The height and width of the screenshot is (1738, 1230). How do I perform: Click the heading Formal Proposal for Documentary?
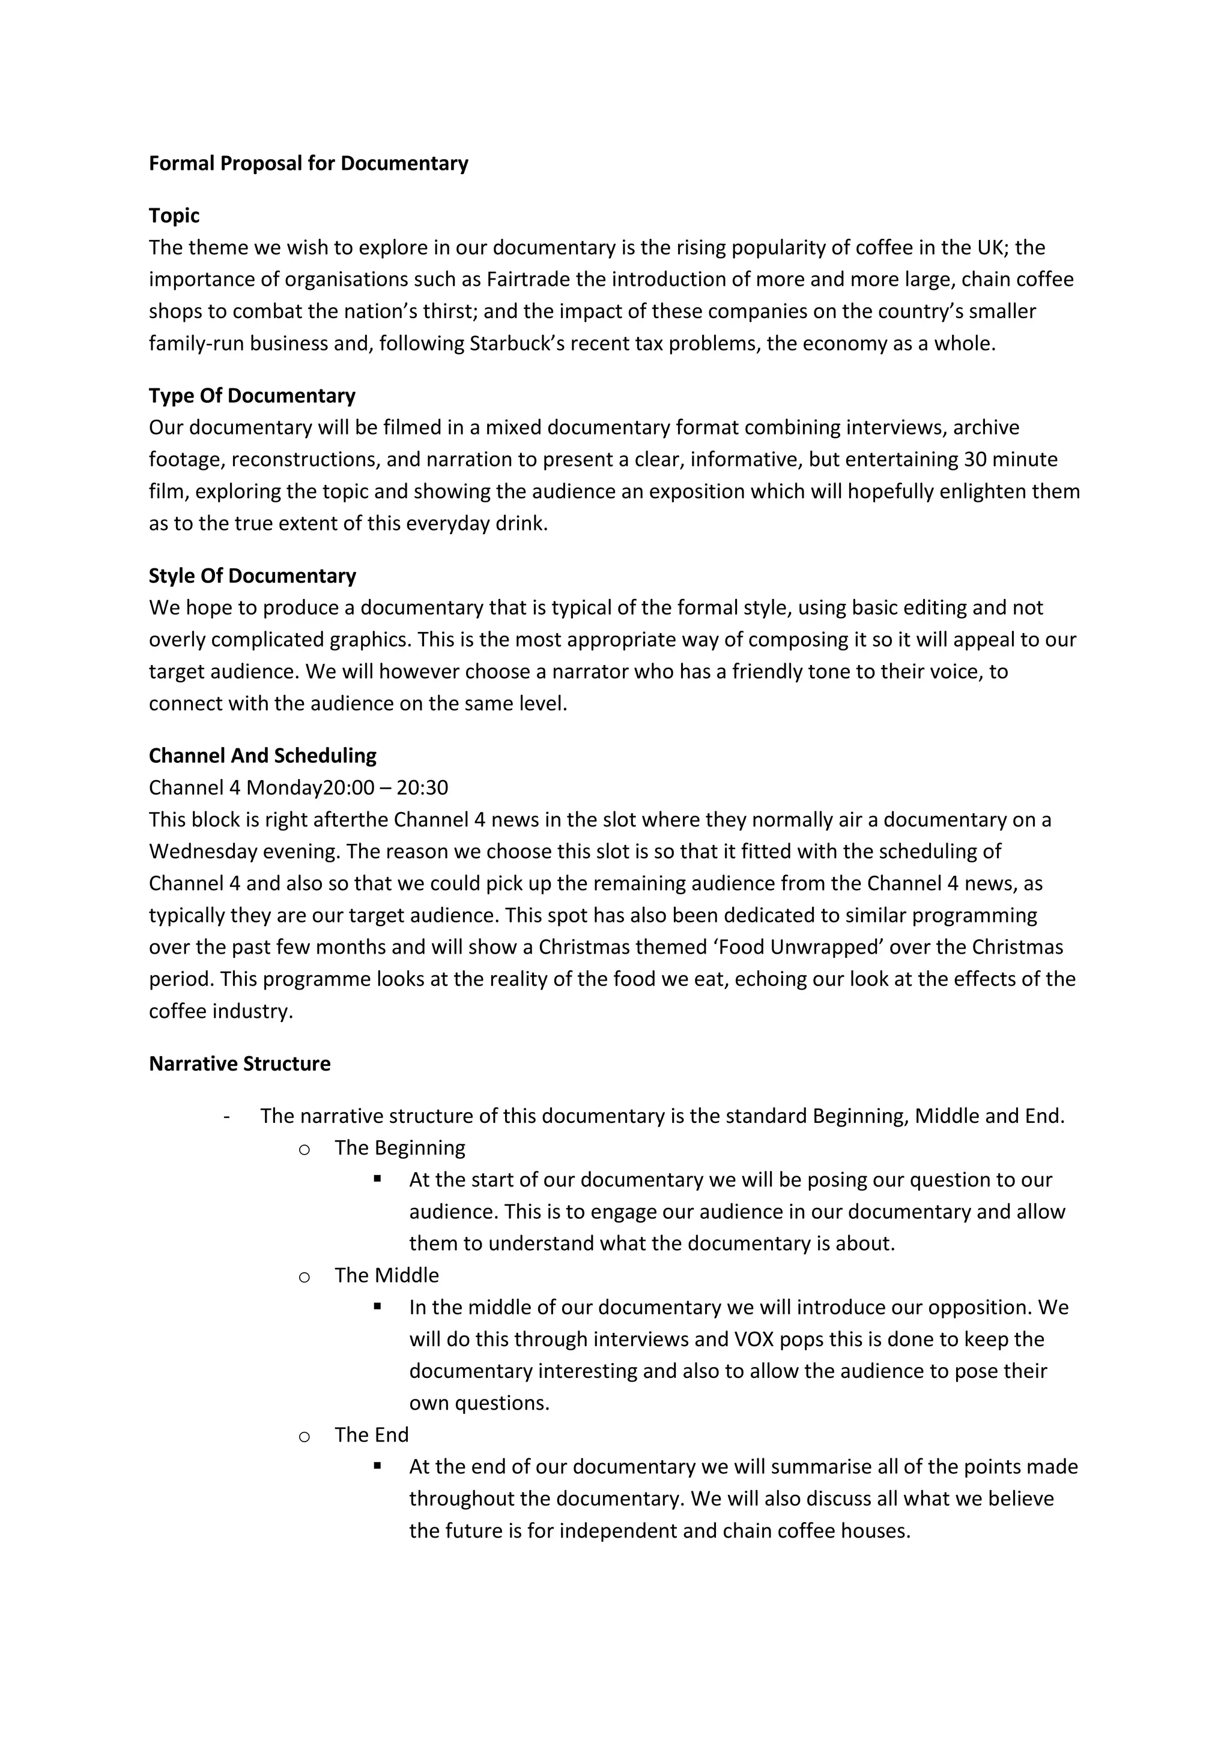tap(308, 163)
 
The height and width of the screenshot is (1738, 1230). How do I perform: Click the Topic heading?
tap(174, 215)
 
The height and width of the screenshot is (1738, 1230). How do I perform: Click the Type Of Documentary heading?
tap(252, 396)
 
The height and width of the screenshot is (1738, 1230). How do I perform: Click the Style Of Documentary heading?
tap(252, 576)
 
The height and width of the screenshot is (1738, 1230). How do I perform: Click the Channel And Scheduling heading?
tap(262, 756)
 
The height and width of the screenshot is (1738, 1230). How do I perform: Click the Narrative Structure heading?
tap(240, 1064)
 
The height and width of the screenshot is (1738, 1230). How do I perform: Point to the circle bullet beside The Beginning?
tap(304, 1150)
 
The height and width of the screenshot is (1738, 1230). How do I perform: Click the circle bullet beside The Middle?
tap(304, 1278)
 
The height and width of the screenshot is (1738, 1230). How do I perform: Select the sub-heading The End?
tap(371, 1435)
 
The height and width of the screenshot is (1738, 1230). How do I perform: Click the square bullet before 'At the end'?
tap(377, 1466)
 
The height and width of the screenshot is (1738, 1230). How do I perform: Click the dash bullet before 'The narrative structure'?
tap(226, 1116)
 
